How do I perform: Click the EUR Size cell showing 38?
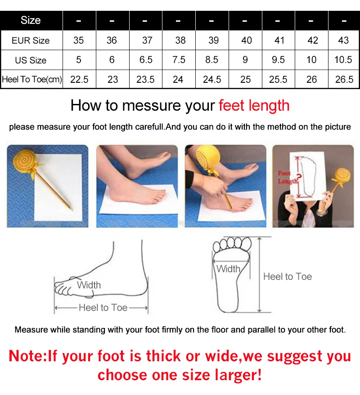click(180, 40)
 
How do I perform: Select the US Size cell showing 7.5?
click(179, 60)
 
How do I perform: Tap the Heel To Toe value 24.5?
click(212, 80)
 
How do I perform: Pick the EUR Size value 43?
click(343, 40)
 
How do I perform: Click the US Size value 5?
click(79, 60)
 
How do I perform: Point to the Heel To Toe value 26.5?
click(344, 80)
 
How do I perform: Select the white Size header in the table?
click(31, 20)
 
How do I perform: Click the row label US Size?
click(31, 60)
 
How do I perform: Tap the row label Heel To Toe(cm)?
click(32, 80)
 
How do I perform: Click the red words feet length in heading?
click(254, 106)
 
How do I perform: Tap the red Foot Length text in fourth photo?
click(288, 177)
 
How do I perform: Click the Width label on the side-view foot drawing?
click(89, 285)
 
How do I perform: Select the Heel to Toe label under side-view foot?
click(103, 308)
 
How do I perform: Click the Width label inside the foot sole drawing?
click(228, 269)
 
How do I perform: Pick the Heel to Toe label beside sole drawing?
click(288, 277)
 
